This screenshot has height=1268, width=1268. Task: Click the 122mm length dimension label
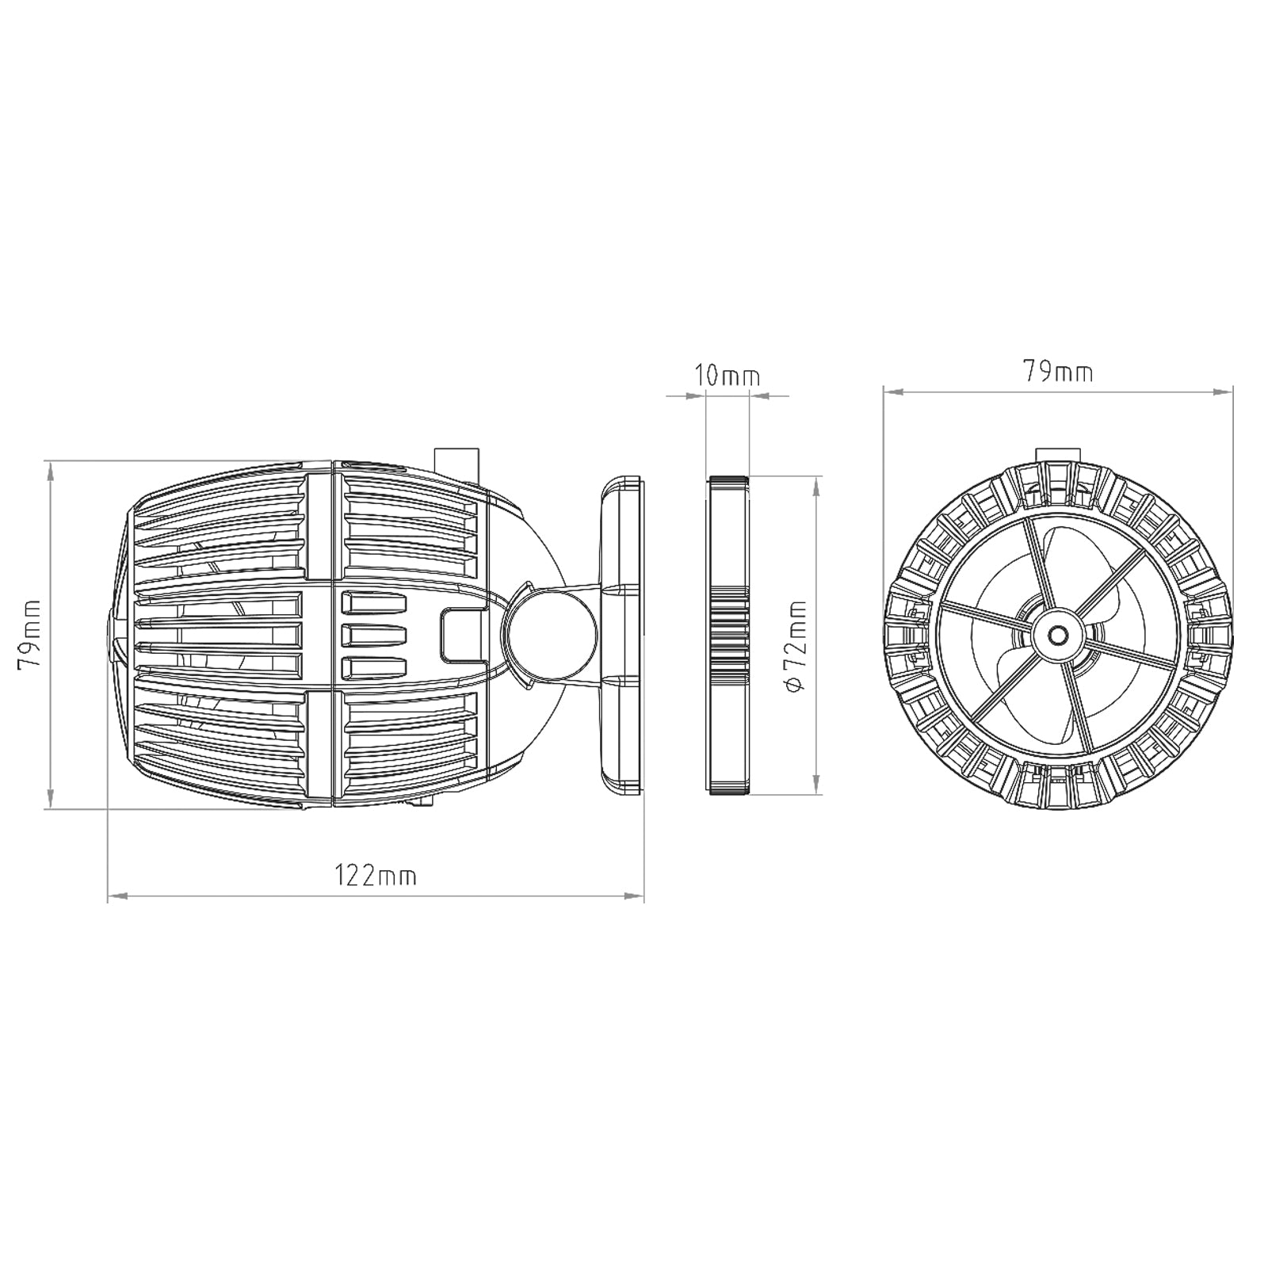(x=375, y=876)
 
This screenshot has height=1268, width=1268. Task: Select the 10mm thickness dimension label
(x=727, y=375)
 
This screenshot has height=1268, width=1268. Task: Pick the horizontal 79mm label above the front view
(x=1057, y=371)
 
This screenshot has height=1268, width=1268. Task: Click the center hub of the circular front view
(x=1057, y=635)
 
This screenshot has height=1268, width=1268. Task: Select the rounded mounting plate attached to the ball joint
(x=622, y=634)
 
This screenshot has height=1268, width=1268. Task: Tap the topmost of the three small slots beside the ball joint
(x=373, y=604)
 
